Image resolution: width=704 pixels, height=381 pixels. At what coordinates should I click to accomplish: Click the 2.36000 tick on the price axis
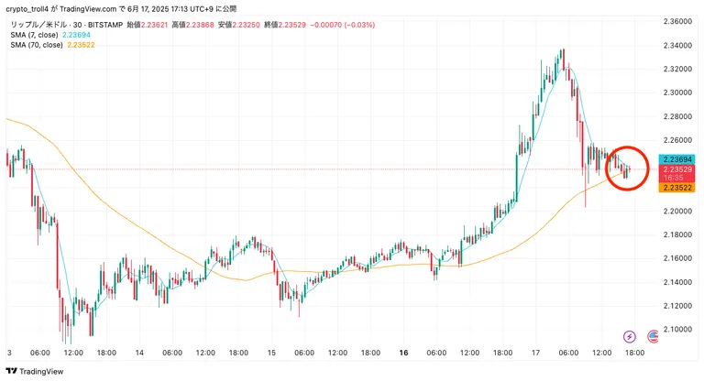tap(677, 21)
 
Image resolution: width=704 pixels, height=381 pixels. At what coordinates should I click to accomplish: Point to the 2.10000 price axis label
tap(677, 330)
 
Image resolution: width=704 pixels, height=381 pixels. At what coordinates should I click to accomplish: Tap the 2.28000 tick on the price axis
tap(677, 116)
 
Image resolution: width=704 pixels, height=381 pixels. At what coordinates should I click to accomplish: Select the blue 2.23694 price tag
tap(677, 159)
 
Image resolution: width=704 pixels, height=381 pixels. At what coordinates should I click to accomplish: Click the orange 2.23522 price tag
tap(677, 188)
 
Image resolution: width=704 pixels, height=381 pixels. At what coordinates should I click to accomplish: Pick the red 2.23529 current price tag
tap(677, 173)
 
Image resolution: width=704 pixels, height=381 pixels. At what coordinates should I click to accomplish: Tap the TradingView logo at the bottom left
tap(35, 371)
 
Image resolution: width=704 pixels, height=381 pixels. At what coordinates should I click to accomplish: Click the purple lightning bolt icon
tap(630, 336)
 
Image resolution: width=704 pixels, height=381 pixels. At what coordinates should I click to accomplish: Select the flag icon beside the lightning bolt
tap(653, 336)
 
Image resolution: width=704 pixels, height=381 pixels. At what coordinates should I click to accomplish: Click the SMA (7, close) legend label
tap(34, 35)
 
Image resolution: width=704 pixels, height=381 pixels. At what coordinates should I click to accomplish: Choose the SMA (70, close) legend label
tap(37, 45)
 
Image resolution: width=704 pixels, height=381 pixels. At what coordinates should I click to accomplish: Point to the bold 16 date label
tap(403, 353)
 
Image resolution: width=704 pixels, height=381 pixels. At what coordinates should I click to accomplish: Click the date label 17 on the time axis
tap(535, 353)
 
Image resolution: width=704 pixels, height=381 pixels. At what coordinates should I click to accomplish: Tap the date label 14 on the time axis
tap(139, 353)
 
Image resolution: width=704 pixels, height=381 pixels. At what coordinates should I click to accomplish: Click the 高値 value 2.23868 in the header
tap(200, 25)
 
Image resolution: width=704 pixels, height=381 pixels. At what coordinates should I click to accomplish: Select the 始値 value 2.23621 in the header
tap(154, 25)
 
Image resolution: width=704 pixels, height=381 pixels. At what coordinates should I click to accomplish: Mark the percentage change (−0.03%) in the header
tap(359, 25)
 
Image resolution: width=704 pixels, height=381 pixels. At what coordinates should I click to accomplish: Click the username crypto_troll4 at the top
tap(27, 9)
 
